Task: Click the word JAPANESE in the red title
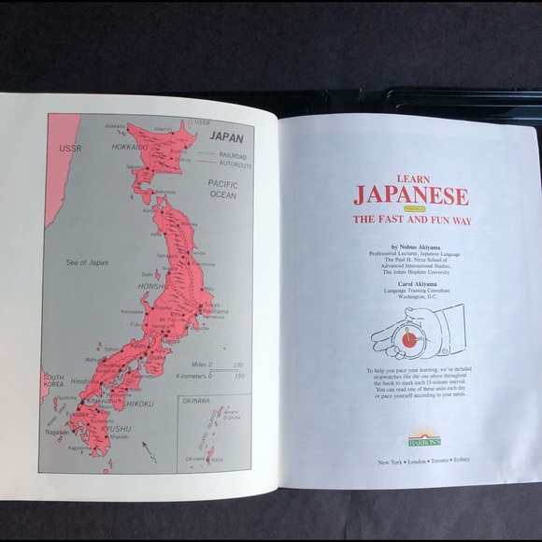click(410, 196)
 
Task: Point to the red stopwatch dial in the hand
click(408, 340)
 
